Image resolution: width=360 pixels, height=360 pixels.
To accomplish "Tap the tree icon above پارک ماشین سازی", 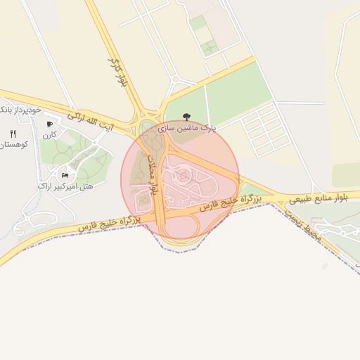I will pos(186,117).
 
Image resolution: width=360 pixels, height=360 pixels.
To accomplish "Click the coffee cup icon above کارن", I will pos(49,124).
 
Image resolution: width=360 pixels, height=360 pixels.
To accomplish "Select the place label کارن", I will pos(49,134).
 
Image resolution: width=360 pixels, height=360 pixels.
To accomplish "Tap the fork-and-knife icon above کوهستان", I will pos(13,133).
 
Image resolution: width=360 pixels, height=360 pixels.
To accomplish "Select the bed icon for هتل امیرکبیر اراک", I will pos(65,175).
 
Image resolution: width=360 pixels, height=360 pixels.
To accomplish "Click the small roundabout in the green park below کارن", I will pos(94,144).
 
